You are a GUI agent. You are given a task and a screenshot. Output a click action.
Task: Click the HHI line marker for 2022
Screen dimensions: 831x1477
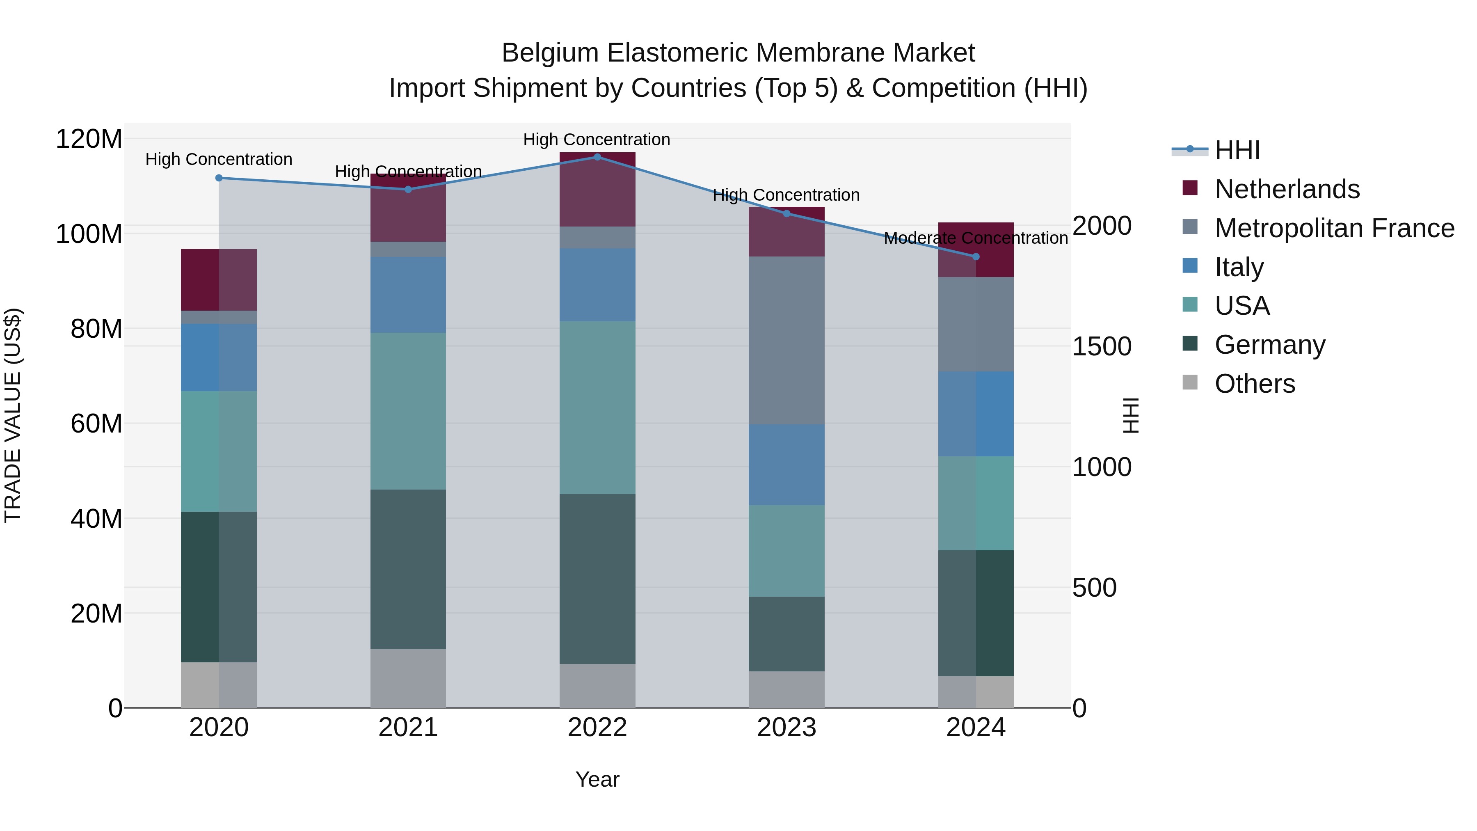click(x=597, y=157)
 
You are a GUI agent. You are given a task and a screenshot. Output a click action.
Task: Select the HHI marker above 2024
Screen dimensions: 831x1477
click(x=976, y=256)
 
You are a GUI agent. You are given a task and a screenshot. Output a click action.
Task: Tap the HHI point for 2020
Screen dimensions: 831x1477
click(x=218, y=178)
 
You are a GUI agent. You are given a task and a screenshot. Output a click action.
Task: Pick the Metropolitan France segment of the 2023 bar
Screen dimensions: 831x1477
click(x=786, y=340)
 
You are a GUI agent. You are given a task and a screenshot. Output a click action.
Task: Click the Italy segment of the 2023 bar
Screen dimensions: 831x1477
click(x=786, y=465)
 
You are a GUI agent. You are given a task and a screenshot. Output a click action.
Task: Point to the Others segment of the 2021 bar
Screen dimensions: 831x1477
click(x=408, y=678)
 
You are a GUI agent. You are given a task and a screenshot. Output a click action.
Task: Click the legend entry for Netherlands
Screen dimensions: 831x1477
click(x=1287, y=189)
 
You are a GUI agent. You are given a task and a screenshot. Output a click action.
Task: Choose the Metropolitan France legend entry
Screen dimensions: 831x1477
click(x=1334, y=228)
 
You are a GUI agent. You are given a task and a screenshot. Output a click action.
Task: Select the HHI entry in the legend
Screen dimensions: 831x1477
click(x=1237, y=150)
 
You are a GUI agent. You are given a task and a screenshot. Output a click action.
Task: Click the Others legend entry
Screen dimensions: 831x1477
click(x=1255, y=384)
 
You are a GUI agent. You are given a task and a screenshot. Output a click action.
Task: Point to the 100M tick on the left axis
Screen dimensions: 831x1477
click(x=89, y=234)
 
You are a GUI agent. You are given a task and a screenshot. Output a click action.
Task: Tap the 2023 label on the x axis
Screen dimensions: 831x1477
click(x=786, y=728)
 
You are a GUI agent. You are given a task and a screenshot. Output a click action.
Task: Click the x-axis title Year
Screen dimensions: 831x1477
click(x=597, y=779)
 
